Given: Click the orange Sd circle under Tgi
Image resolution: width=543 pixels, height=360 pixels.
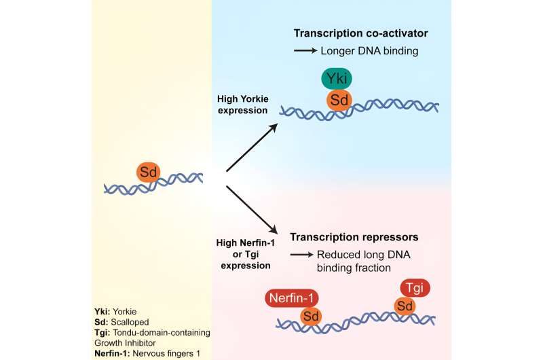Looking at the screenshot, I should coord(407,307).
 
